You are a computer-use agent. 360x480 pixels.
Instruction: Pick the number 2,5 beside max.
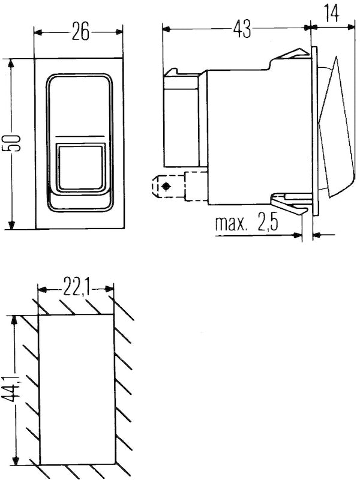point(265,224)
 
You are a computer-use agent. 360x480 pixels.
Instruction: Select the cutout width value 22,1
point(76,291)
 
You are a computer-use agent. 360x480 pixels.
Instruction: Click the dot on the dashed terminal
point(166,188)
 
